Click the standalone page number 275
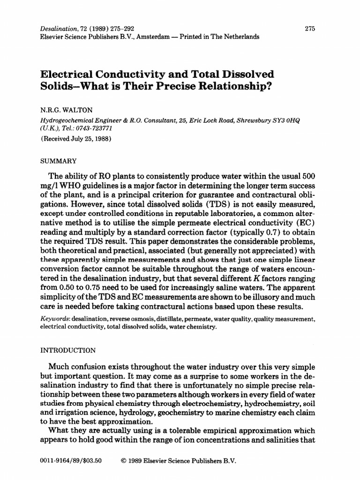[310, 29]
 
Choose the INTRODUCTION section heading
[69, 350]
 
